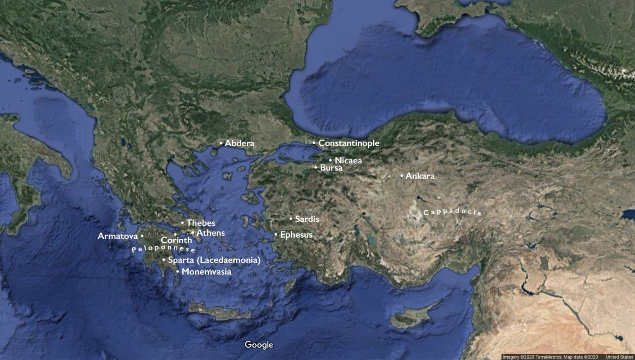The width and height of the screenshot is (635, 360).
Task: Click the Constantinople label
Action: pos(349,143)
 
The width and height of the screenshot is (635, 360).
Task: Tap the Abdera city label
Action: pos(239,143)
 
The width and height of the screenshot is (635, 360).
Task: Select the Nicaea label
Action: pos(348,160)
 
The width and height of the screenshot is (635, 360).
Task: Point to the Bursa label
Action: pos(331,168)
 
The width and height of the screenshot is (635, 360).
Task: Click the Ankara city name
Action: pos(420,176)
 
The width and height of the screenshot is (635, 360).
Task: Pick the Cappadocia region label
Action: pos(452,212)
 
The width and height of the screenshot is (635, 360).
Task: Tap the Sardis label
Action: pos(307,219)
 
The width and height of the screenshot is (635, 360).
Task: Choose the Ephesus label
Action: pos(296,235)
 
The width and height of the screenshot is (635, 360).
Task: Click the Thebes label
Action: pos(201,223)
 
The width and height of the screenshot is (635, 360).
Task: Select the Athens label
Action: pos(210,233)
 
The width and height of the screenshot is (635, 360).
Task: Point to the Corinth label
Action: pos(177,240)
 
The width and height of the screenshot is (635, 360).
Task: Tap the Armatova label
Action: pos(118,236)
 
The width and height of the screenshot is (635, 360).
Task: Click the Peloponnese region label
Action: pos(163,248)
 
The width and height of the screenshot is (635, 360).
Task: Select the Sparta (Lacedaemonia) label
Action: pos(214,260)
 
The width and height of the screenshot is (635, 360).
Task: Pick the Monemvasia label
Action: pos(206,272)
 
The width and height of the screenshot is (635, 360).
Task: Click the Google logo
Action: pos(259,345)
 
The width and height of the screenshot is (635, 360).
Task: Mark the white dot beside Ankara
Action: pos(401,176)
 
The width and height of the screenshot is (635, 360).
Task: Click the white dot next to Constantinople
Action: pos(314,143)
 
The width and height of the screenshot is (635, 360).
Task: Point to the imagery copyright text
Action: pos(550,357)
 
